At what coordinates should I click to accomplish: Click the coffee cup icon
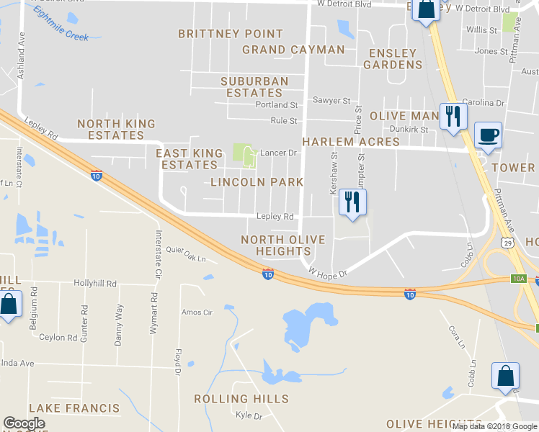(489, 135)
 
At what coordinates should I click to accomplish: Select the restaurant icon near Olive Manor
(453, 117)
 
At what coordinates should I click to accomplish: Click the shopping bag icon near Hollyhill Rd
(9, 303)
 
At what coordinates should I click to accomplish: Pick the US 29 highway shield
(508, 244)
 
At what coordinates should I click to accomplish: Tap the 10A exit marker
(519, 278)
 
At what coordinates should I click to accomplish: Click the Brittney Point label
(231, 34)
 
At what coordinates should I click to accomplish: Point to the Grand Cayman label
(293, 50)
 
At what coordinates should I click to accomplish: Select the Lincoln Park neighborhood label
(257, 182)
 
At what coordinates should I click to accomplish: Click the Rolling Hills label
(241, 399)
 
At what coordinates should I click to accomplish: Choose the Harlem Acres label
(342, 142)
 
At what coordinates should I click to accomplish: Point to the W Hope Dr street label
(328, 273)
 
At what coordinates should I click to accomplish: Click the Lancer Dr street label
(279, 153)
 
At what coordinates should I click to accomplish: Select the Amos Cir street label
(197, 312)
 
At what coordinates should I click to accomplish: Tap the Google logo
(24, 423)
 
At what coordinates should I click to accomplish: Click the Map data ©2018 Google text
(494, 426)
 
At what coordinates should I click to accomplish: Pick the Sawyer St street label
(331, 101)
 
